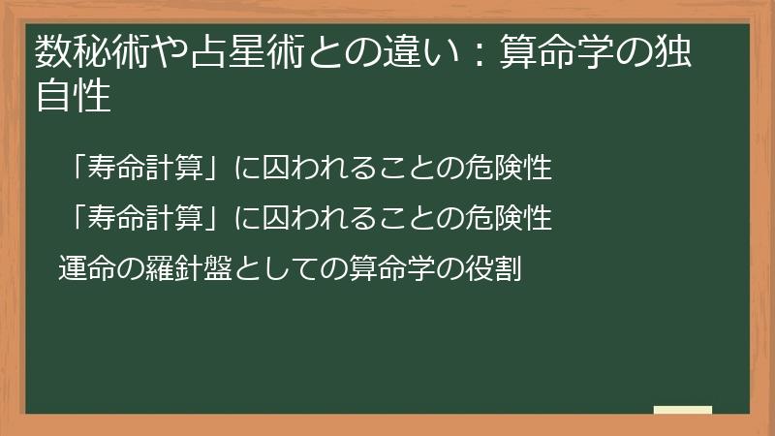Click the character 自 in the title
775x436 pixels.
(52, 97)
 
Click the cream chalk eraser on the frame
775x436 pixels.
(682, 411)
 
